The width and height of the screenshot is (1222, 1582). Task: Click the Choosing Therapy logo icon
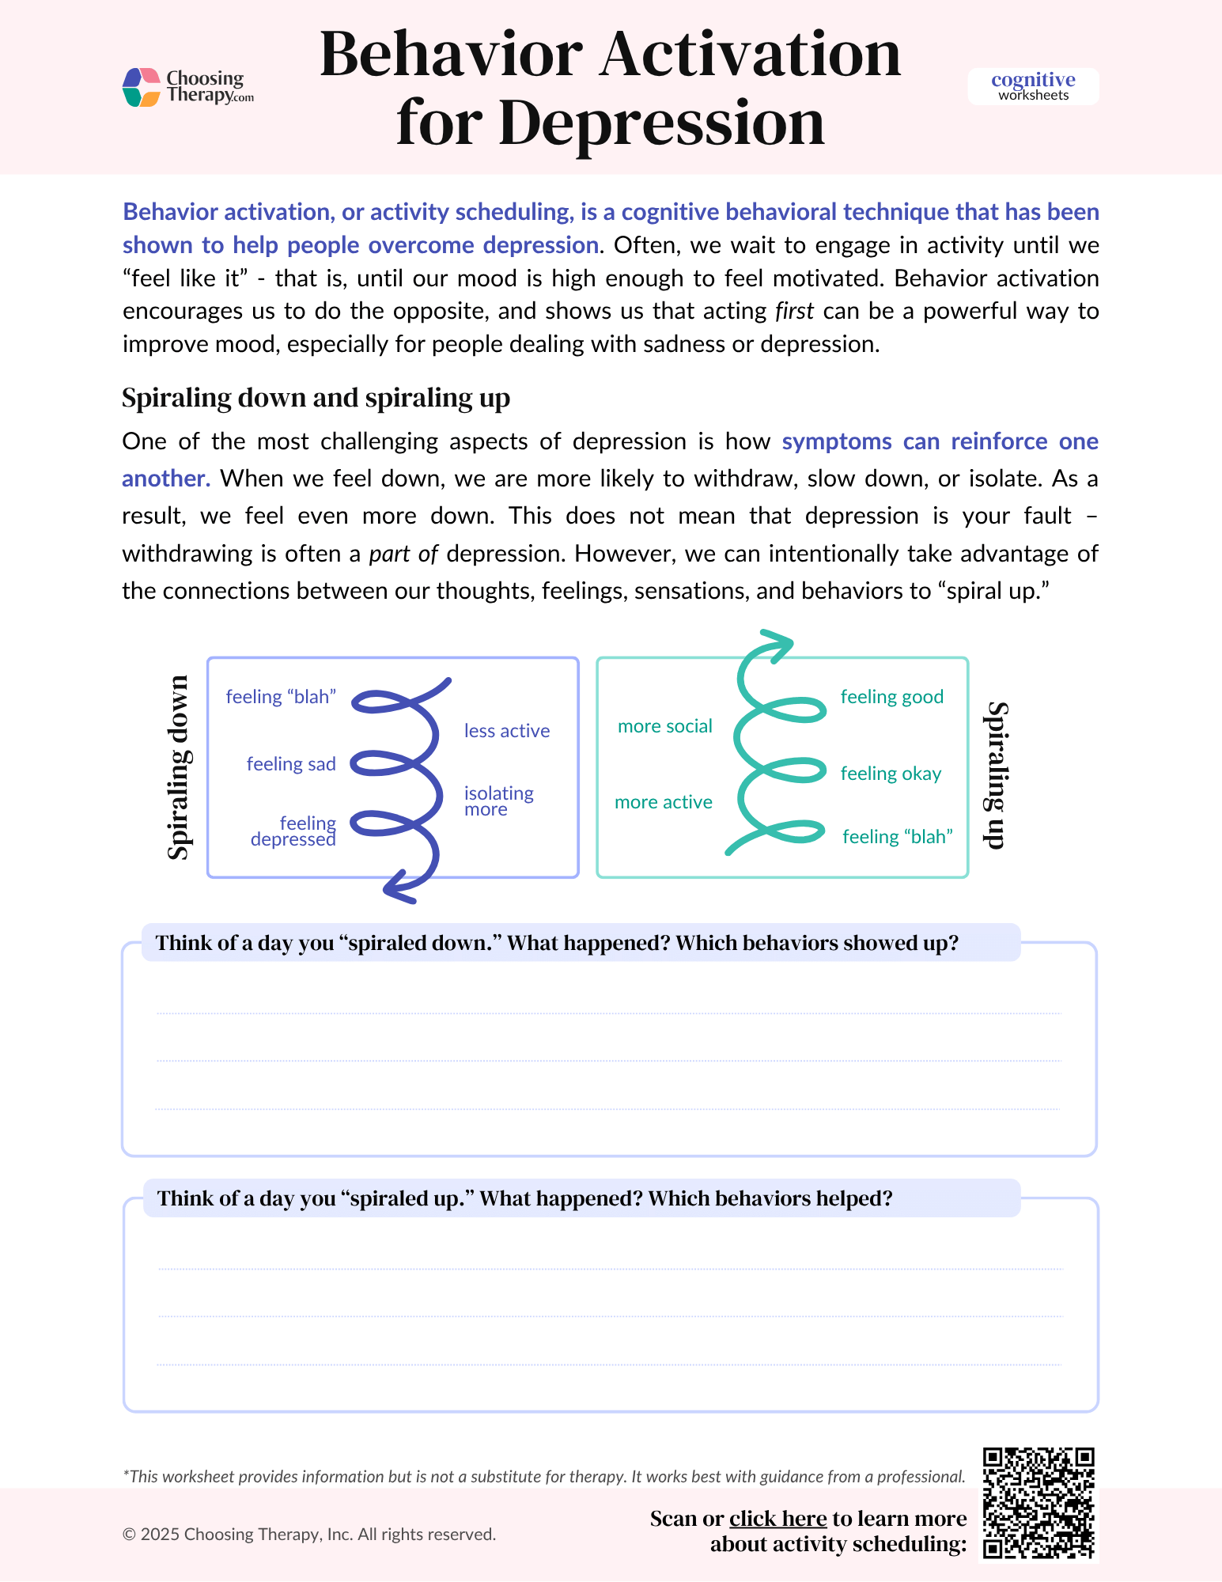[x=142, y=87]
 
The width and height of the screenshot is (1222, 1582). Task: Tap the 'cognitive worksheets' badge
[x=1033, y=86]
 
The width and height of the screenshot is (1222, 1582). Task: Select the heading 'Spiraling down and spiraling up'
[x=316, y=397]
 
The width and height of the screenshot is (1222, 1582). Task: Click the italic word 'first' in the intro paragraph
[x=794, y=311]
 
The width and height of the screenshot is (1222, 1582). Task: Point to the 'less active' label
[x=507, y=731]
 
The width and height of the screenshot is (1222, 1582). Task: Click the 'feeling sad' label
[x=291, y=764]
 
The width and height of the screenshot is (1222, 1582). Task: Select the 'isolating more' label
[x=498, y=800]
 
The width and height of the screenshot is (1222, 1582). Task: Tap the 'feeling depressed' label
[x=293, y=831]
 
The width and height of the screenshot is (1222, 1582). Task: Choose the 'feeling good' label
[x=891, y=697]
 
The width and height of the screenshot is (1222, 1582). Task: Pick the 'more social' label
[x=664, y=726]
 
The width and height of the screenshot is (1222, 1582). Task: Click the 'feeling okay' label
[x=891, y=774]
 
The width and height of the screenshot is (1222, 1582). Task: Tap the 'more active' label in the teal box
[x=663, y=802]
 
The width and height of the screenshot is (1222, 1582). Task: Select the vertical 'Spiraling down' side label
[x=179, y=767]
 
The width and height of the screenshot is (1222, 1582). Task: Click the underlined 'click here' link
[x=777, y=1519]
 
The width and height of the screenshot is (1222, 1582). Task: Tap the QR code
[x=1038, y=1503]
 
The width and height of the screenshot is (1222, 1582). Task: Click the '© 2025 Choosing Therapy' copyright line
[x=309, y=1535]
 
